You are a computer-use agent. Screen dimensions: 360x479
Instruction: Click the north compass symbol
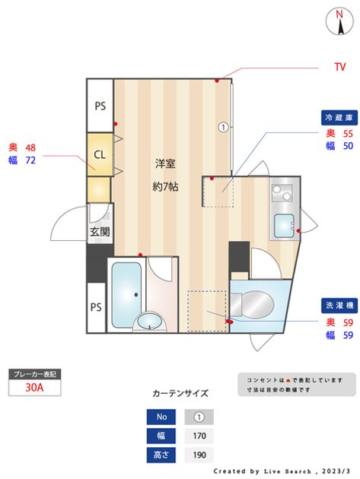click(339, 22)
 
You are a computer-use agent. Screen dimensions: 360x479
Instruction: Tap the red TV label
click(339, 67)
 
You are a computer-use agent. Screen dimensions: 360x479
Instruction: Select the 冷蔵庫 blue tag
click(339, 118)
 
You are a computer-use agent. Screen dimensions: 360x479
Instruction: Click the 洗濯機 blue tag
click(339, 306)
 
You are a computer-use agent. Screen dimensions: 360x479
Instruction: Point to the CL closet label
click(100, 154)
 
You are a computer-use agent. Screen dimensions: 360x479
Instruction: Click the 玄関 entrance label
click(100, 232)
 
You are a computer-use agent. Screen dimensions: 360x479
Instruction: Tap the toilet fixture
click(252, 305)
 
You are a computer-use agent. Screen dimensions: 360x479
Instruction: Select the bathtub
click(126, 295)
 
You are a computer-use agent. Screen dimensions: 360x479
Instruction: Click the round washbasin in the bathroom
click(150, 322)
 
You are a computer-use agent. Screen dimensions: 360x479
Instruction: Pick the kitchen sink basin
click(284, 226)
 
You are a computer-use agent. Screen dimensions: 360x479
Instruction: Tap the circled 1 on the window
click(224, 127)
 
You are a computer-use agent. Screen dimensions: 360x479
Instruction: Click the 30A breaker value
click(34, 387)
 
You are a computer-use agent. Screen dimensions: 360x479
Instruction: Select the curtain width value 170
click(199, 436)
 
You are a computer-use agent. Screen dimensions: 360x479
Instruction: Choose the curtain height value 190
click(199, 455)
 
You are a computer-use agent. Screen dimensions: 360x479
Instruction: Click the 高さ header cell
click(161, 455)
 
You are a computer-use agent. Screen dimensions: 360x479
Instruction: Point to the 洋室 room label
click(165, 163)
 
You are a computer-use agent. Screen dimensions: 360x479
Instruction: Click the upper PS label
click(100, 106)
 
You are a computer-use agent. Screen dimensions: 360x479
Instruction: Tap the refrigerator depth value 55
click(348, 134)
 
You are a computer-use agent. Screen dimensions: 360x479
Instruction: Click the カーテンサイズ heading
click(180, 393)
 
